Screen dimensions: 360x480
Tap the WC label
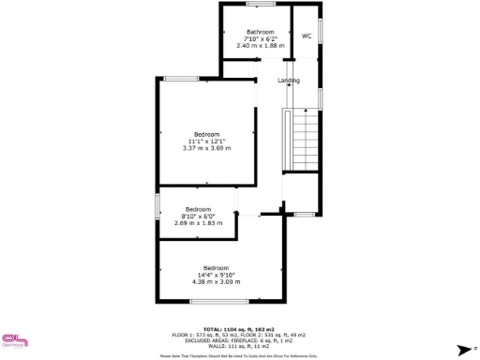point(306,37)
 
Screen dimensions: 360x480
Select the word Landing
point(289,81)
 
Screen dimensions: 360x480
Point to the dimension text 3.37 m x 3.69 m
point(206,147)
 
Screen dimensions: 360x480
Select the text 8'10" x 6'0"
point(198,216)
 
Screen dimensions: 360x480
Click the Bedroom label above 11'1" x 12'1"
point(206,134)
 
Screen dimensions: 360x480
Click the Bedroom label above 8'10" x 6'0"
point(198,208)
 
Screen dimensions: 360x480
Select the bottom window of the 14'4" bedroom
point(219,301)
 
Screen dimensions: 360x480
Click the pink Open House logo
point(13,342)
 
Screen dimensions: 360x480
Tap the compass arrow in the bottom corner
point(462,348)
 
